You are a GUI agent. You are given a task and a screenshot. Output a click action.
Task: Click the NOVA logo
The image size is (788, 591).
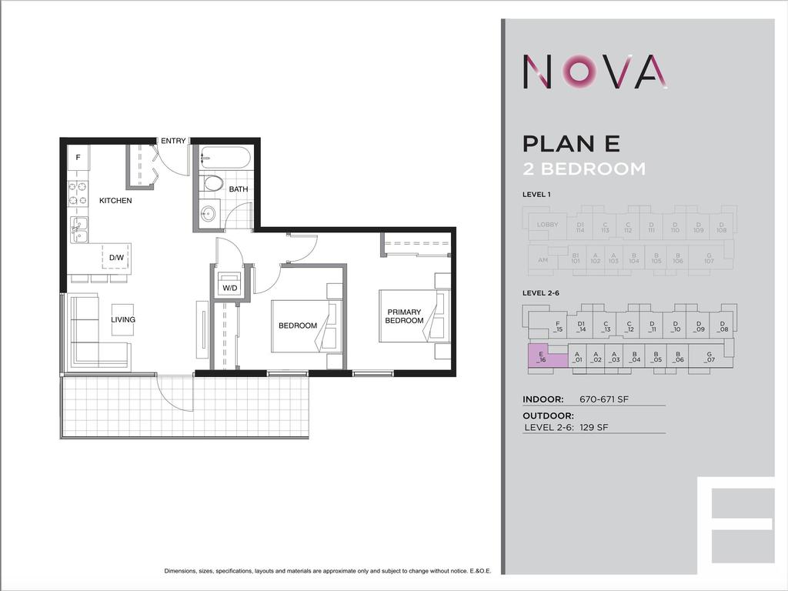[594, 71]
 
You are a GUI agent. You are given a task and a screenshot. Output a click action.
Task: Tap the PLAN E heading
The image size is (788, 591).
[571, 144]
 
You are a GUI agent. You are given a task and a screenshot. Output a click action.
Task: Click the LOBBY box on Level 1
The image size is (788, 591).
[548, 225]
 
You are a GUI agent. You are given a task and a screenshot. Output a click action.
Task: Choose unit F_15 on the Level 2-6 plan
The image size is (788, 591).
[558, 327]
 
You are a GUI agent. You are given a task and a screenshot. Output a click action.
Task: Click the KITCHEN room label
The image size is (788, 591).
[115, 201]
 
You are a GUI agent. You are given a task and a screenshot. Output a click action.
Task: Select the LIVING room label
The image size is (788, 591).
[123, 319]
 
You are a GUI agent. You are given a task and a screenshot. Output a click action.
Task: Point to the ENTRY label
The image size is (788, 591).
[172, 141]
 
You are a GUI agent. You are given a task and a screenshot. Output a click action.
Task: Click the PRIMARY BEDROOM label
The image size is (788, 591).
[404, 316]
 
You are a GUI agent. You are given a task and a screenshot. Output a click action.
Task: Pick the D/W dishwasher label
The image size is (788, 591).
[116, 257]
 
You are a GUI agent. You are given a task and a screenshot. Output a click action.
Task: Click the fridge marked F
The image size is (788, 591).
[77, 158]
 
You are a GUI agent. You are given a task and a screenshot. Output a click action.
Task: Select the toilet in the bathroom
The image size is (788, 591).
[212, 184]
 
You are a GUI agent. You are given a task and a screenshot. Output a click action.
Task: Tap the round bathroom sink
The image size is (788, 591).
[209, 214]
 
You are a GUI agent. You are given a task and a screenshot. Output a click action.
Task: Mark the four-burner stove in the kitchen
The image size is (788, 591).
[77, 193]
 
